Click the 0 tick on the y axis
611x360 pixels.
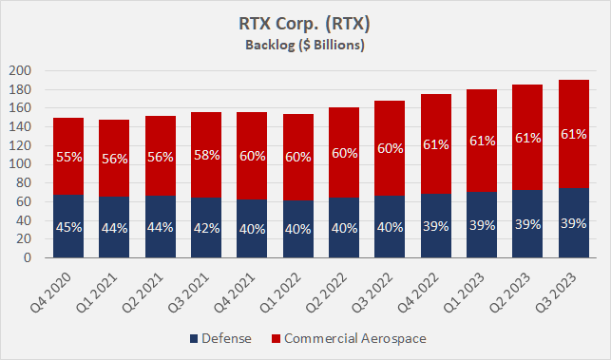click(29, 257)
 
